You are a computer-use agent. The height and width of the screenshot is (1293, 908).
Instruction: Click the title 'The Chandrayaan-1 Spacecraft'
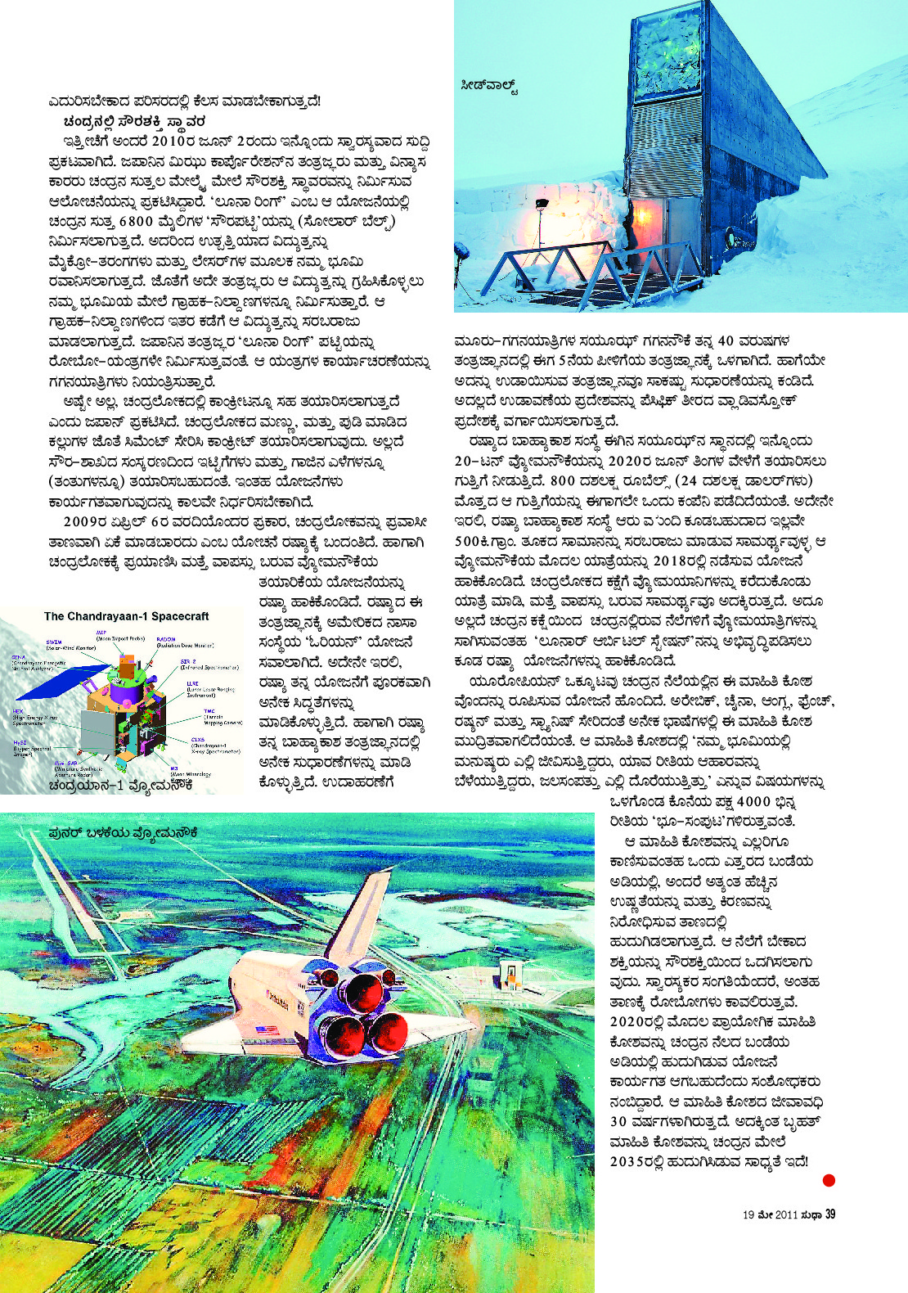click(126, 616)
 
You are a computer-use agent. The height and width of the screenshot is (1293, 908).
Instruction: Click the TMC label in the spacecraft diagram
click(209, 711)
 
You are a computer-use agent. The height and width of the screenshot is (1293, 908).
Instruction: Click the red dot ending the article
click(829, 1180)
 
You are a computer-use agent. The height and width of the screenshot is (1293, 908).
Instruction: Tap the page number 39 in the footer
click(830, 1214)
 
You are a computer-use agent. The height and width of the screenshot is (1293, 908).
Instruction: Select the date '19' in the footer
click(748, 1215)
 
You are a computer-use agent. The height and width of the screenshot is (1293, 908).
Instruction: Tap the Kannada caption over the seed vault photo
click(490, 85)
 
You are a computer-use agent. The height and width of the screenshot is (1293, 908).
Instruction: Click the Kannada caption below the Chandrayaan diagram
click(120, 784)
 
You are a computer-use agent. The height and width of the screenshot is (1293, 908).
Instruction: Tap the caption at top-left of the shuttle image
click(123, 832)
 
